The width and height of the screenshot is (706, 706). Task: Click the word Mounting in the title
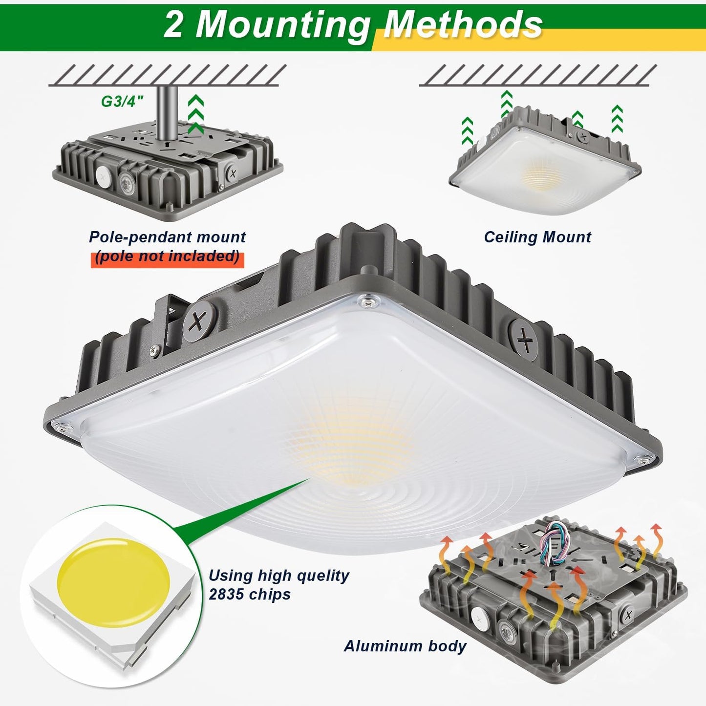[x=282, y=24]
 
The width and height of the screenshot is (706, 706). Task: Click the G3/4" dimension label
[x=122, y=101]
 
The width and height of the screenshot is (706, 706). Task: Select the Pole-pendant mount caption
[x=167, y=237]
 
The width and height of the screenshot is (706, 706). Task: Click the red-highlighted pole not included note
[x=167, y=257]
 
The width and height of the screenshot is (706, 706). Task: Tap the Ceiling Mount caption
[x=537, y=237]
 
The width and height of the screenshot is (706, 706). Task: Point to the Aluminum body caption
[x=405, y=646]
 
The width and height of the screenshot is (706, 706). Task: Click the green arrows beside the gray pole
[x=196, y=114]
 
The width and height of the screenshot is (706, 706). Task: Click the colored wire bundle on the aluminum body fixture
[x=554, y=542]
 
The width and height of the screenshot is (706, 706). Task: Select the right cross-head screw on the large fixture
[x=525, y=338]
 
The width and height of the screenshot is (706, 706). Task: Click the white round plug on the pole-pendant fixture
[x=104, y=174]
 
